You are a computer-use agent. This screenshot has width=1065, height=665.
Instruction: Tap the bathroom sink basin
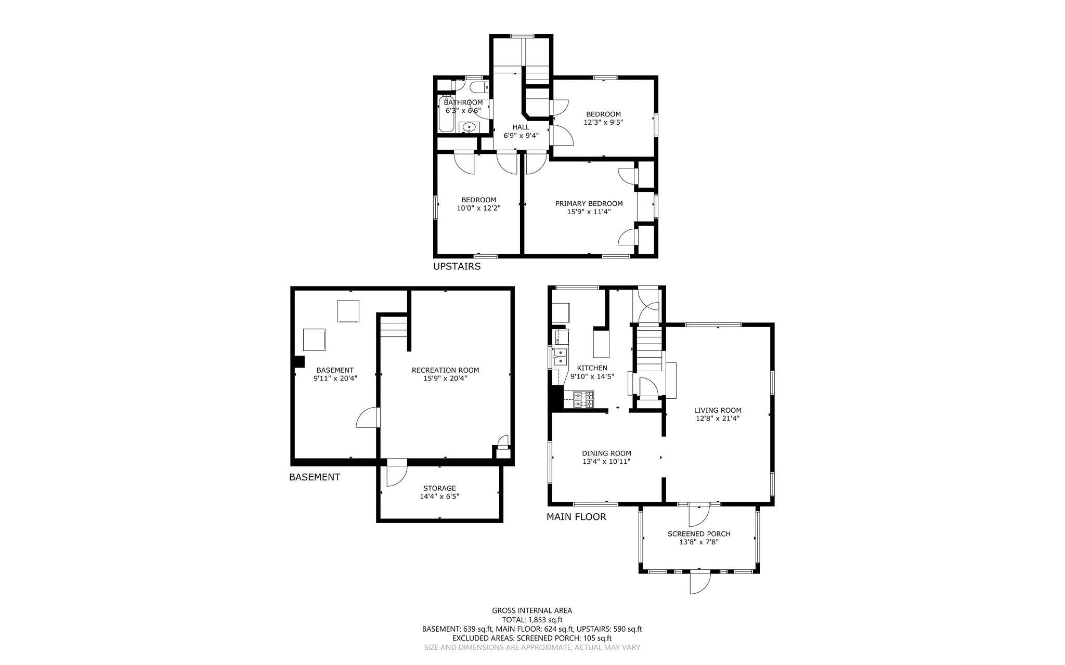(470, 127)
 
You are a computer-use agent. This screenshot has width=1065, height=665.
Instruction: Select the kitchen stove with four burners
(583, 399)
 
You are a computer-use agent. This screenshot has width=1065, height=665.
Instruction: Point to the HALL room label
(521, 127)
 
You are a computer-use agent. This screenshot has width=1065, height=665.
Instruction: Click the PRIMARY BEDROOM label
(589, 203)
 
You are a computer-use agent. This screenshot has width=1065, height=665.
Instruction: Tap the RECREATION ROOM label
(445, 370)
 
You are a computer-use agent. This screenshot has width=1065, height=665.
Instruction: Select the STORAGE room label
(439, 488)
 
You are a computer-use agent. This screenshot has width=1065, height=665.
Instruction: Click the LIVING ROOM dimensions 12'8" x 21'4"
(718, 418)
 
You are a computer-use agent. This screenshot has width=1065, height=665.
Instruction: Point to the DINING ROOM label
(606, 453)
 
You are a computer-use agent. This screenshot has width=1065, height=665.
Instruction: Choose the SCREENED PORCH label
(699, 534)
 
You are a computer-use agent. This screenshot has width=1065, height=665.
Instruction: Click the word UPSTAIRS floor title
(457, 267)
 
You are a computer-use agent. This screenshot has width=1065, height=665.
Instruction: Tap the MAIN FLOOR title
(576, 517)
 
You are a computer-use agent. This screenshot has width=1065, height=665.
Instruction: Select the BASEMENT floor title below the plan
(315, 477)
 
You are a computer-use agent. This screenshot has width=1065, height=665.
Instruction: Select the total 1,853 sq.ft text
(532, 620)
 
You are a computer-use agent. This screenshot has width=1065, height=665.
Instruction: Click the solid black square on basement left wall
(299, 362)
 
